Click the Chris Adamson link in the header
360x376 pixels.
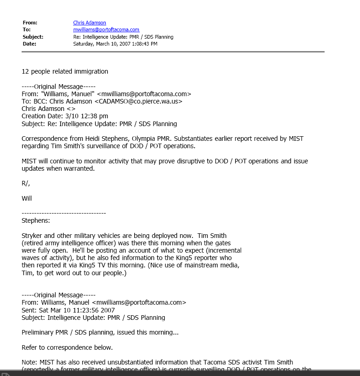coord(90,23)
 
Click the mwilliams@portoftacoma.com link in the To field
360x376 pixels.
coord(106,29)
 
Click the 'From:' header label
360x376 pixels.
coord(30,23)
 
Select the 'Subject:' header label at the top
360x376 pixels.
coord(33,37)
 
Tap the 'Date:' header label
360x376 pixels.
coord(29,44)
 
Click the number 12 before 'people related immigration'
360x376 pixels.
coord(25,71)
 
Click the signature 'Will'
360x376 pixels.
coord(27,198)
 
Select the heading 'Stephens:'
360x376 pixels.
coord(36,220)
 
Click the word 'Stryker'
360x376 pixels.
coord(32,236)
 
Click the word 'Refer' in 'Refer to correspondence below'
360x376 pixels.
coord(30,347)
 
